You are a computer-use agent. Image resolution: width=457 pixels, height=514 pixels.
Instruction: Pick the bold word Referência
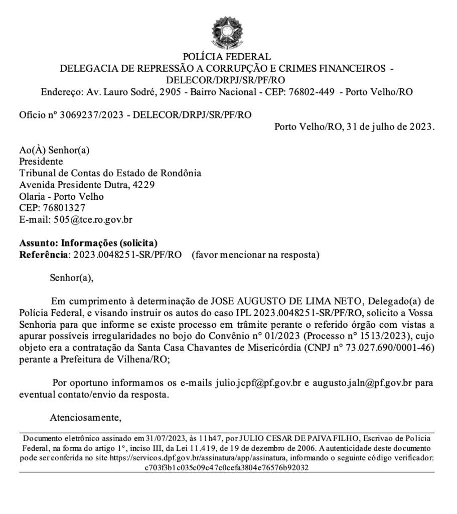tap(43, 254)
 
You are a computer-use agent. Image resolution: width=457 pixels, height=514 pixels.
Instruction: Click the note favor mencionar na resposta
tap(255, 254)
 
